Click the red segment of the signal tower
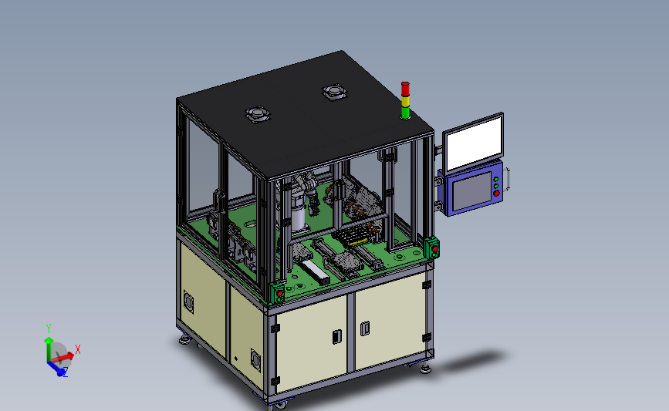[x=405, y=89]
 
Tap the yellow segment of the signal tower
[x=405, y=103]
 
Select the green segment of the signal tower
[x=405, y=113]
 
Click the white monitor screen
[x=473, y=143]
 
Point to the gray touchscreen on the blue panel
[x=472, y=190]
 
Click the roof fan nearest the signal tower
[x=335, y=92]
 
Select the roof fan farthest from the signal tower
[x=258, y=114]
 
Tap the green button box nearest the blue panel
[x=432, y=248]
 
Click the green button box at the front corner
[x=277, y=292]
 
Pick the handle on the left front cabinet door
[x=336, y=337]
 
